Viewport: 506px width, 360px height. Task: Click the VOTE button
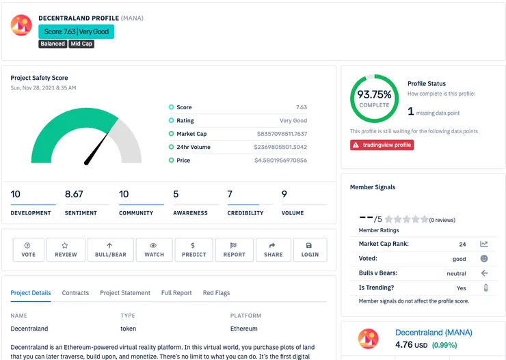pyautogui.click(x=29, y=250)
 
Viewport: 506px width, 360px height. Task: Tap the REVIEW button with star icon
pyautogui.click(x=66, y=250)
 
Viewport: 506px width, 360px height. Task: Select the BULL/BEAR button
pyautogui.click(x=110, y=250)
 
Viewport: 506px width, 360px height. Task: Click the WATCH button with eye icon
pyautogui.click(x=154, y=250)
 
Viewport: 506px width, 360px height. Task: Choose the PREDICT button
pyautogui.click(x=194, y=250)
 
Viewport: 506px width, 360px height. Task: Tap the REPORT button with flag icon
pyautogui.click(x=234, y=250)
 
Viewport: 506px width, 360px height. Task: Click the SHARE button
pyautogui.click(x=274, y=250)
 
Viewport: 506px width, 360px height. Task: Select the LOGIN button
pyautogui.click(x=310, y=250)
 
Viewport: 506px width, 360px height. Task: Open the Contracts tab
pyautogui.click(x=75, y=292)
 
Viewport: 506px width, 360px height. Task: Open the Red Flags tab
pyautogui.click(x=216, y=292)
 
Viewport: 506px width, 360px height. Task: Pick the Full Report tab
pyautogui.click(x=176, y=292)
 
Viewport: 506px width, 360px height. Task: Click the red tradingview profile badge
pyautogui.click(x=382, y=145)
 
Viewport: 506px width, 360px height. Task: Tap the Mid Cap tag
pyautogui.click(x=81, y=44)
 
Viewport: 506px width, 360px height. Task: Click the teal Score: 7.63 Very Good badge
pyautogui.click(x=76, y=31)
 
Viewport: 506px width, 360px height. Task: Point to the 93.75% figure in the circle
pyautogui.click(x=374, y=94)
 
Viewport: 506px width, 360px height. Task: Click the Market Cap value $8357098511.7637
pyautogui.click(x=282, y=134)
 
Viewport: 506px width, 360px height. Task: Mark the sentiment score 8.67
pyautogui.click(x=74, y=194)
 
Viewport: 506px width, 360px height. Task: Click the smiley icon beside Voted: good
pyautogui.click(x=484, y=258)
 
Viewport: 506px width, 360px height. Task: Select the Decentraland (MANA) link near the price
pyautogui.click(x=434, y=333)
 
